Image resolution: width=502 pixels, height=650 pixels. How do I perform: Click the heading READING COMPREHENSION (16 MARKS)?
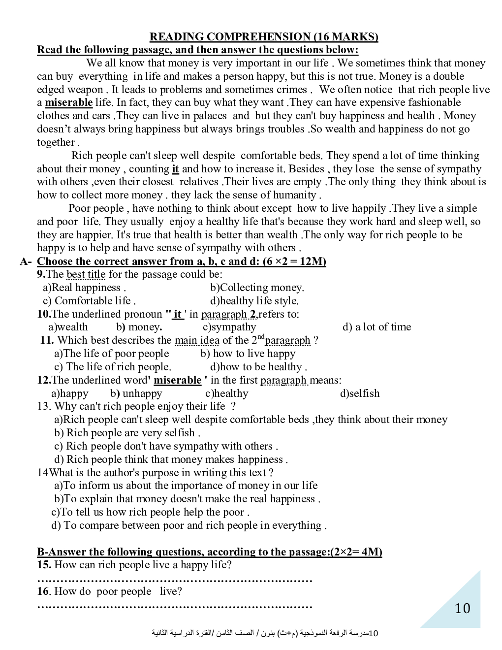[x=264, y=37]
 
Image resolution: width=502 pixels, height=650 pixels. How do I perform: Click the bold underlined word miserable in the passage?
[x=68, y=102]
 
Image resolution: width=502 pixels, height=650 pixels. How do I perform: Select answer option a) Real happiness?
[x=84, y=288]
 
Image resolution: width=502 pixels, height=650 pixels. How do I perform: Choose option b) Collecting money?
[x=257, y=288]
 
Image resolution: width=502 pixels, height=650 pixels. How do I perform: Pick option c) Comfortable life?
[x=89, y=301]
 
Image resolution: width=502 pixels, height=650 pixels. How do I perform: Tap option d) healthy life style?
[x=254, y=301]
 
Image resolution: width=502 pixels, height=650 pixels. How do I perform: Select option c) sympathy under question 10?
[x=229, y=327]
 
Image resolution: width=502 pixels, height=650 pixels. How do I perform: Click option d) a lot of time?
[x=376, y=327]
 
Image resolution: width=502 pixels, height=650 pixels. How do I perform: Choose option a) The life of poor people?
[x=111, y=354]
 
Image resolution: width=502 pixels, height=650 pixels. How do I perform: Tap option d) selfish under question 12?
[x=360, y=393]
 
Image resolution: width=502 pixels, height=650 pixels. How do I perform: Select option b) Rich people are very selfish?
[x=127, y=433]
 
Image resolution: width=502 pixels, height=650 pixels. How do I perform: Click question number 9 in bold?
[x=41, y=274]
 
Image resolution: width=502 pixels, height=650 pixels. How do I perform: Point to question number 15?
[x=44, y=565]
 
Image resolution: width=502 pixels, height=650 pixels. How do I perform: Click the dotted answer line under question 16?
[x=175, y=606]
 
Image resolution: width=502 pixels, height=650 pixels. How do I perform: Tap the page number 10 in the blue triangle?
[x=462, y=609]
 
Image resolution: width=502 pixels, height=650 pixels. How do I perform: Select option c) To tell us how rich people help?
[x=150, y=512]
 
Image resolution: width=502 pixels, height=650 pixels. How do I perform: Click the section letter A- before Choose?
[x=26, y=261]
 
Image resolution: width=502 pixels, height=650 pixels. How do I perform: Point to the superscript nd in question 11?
[x=261, y=337]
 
